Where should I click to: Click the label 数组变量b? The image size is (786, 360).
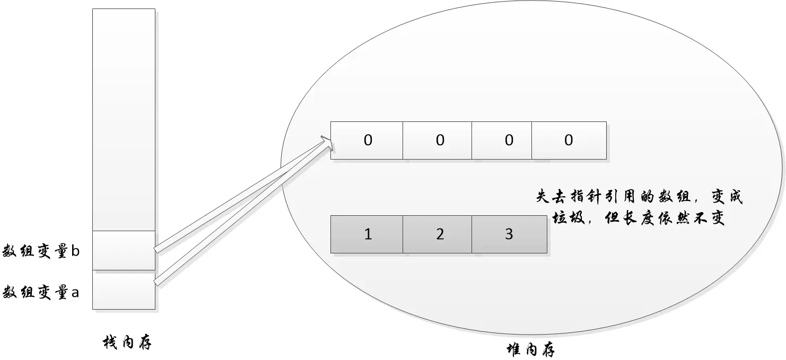[x=41, y=251]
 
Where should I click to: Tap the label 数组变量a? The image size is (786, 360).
[x=41, y=292]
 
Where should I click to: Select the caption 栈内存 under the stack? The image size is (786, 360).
[x=127, y=344]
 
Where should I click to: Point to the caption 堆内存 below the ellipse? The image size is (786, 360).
[x=531, y=350]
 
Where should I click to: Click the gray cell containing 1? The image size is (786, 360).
[x=367, y=234]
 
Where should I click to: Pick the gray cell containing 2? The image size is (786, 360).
[x=438, y=234]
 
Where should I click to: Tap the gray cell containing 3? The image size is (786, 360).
[x=509, y=234]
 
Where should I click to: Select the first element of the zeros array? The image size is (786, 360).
[x=367, y=141]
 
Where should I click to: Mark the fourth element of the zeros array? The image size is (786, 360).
[x=569, y=141]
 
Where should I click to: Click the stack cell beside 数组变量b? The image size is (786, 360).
[x=124, y=250]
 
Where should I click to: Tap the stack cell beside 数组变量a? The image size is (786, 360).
[x=124, y=289]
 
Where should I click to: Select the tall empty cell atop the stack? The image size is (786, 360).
[x=124, y=119]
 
